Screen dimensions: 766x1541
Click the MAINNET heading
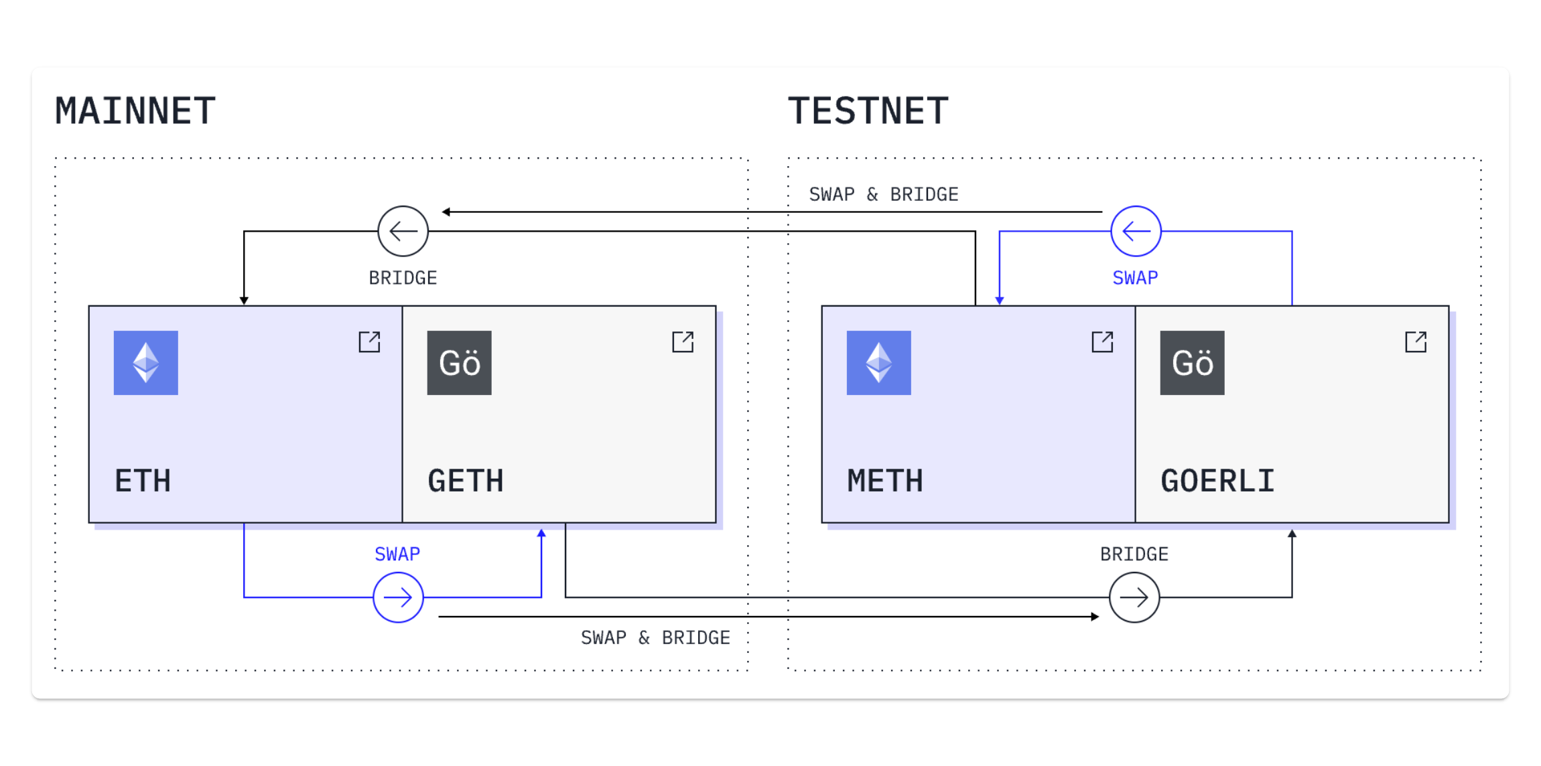pos(135,111)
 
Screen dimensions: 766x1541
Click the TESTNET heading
pos(868,111)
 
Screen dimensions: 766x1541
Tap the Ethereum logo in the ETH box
pos(146,363)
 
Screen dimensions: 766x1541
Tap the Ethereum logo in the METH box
pos(878,363)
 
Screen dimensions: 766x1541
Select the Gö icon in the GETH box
pos(459,363)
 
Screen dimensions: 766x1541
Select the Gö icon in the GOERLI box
pos(1192,363)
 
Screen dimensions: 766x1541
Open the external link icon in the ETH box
pos(369,341)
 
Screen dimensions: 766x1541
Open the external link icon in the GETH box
pos(683,341)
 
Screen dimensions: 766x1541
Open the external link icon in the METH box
pos(1102,341)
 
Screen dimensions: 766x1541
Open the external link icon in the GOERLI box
pos(1416,341)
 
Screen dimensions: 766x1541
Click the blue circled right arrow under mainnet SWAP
pos(398,597)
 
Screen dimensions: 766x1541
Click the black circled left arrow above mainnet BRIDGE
pos(403,231)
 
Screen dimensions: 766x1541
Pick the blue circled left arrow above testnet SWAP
pos(1136,231)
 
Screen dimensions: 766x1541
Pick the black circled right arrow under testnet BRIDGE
pos(1134,597)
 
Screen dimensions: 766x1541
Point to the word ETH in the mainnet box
pos(143,481)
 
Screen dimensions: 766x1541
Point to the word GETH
pos(466,481)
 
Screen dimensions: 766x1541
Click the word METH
pos(885,481)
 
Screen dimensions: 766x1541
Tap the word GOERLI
pos(1217,481)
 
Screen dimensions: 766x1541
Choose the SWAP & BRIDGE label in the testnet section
pos(884,194)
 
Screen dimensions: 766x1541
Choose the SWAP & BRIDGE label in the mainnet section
pos(655,637)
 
